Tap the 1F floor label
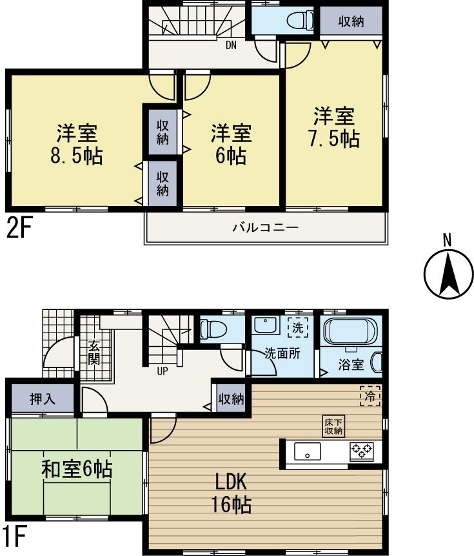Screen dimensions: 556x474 [x=14, y=537]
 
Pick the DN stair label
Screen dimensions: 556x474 [x=230, y=46]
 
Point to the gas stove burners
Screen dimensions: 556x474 [x=362, y=451]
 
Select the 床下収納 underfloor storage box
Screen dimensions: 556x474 [x=333, y=425]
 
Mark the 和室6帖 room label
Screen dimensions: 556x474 [x=77, y=469]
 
